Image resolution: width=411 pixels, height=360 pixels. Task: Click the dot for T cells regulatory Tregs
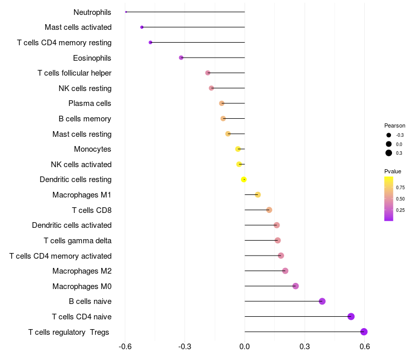pyautogui.click(x=364, y=332)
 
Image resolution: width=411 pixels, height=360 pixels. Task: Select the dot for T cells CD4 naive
pyautogui.click(x=351, y=316)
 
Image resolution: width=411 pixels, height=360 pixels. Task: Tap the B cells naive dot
pyautogui.click(x=322, y=301)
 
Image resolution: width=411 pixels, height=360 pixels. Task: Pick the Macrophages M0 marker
pyautogui.click(x=295, y=286)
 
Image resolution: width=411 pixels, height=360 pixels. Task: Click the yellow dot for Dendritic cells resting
pyautogui.click(x=244, y=179)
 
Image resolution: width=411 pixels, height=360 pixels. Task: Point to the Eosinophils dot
pyautogui.click(x=181, y=58)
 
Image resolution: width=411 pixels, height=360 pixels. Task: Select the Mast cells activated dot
pyautogui.click(x=142, y=27)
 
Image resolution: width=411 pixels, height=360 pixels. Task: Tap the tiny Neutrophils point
pyautogui.click(x=126, y=12)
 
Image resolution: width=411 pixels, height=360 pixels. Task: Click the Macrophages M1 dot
pyautogui.click(x=258, y=194)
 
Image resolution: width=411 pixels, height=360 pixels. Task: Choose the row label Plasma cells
pyautogui.click(x=90, y=103)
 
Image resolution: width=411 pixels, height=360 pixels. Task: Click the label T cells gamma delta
pyautogui.click(x=78, y=240)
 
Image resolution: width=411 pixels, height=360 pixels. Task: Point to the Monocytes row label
pyautogui.click(x=92, y=149)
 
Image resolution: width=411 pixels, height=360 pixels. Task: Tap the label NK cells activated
pyautogui.click(x=81, y=165)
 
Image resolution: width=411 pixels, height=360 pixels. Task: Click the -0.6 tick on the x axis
pyautogui.click(x=125, y=347)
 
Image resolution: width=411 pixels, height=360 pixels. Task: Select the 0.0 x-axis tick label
pyautogui.click(x=245, y=347)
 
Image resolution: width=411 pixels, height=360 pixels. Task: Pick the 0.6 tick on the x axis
pyautogui.click(x=364, y=347)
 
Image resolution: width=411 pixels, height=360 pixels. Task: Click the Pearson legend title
pyautogui.click(x=395, y=125)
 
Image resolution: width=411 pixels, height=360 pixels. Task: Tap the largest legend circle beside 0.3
pyautogui.click(x=388, y=153)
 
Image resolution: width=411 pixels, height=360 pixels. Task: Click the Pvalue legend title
pyautogui.click(x=393, y=171)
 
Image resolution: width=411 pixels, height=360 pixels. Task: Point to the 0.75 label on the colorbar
pyautogui.click(x=400, y=188)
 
